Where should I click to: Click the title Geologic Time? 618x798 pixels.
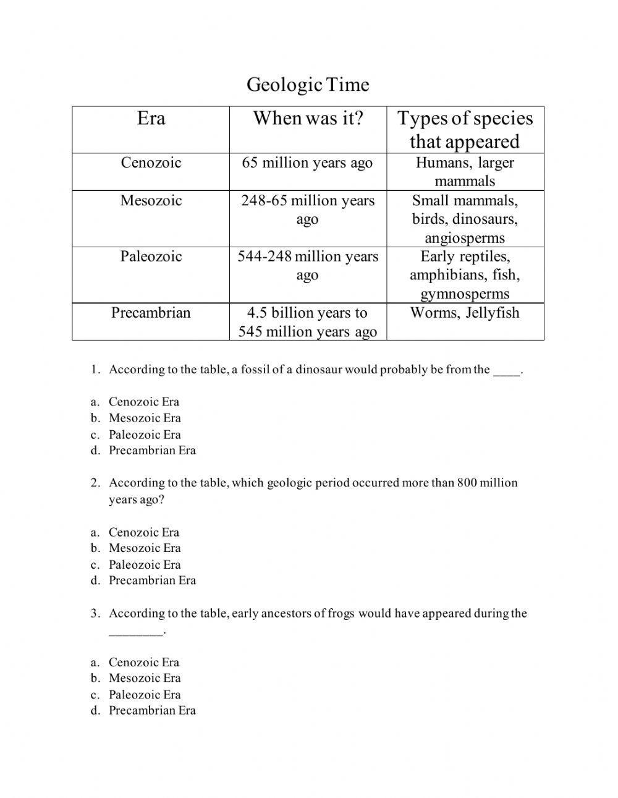(x=308, y=85)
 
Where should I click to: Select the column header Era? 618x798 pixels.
(x=151, y=118)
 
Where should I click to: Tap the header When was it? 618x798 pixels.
(x=308, y=118)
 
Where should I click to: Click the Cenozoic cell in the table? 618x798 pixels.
(x=151, y=163)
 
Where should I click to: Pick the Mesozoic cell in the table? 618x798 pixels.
(x=151, y=200)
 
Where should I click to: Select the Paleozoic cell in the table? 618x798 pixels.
(x=151, y=257)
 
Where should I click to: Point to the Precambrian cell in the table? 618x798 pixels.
(x=151, y=313)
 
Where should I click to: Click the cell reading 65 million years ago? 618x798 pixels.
(x=308, y=163)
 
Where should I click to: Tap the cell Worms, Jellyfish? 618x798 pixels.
(x=465, y=313)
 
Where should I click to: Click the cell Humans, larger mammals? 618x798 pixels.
(x=465, y=172)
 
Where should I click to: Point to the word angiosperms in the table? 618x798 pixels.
(x=465, y=238)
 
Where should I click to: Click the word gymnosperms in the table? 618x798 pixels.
(x=465, y=294)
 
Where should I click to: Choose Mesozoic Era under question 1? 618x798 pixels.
(x=145, y=418)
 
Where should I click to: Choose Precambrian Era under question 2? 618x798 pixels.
(x=152, y=580)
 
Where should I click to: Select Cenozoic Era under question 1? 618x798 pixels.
(x=144, y=402)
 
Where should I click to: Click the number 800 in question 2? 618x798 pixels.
(x=467, y=483)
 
